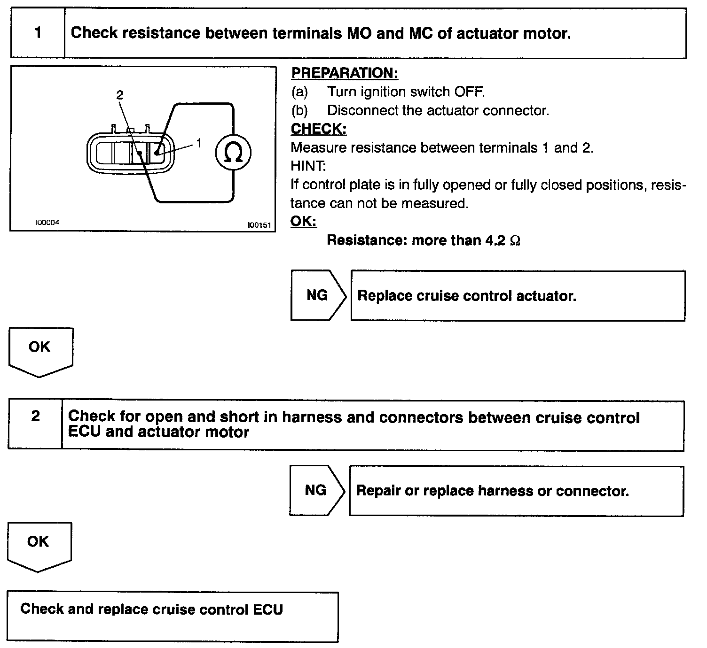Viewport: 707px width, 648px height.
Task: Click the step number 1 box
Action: click(x=38, y=33)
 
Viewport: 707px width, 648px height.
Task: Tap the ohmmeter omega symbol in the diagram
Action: click(x=233, y=153)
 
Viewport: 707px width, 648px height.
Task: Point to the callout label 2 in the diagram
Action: click(x=120, y=95)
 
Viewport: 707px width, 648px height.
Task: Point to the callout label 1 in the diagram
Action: click(x=199, y=143)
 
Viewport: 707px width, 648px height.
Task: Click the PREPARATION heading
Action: click(x=345, y=73)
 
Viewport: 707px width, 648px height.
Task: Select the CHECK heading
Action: click(x=319, y=129)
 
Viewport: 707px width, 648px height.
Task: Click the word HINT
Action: click(x=308, y=166)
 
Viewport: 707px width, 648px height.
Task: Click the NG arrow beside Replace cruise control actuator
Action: click(x=318, y=295)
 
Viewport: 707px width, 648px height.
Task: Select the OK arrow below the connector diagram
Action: click(x=39, y=350)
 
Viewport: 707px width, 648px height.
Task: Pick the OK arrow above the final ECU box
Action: click(x=38, y=545)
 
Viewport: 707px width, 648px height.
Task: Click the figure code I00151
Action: click(x=259, y=225)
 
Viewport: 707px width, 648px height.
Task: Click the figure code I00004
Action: click(x=47, y=223)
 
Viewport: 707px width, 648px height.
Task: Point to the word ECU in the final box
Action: click(x=268, y=609)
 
